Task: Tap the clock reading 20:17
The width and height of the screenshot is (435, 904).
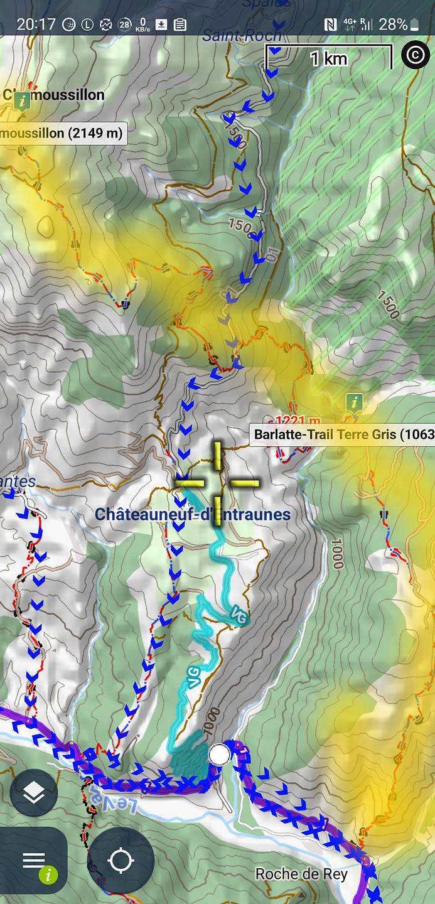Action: click(x=37, y=24)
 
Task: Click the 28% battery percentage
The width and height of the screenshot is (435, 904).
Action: click(x=393, y=24)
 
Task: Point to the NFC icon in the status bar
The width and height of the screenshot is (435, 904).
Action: click(x=330, y=24)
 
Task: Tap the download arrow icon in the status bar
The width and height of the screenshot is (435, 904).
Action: click(x=161, y=24)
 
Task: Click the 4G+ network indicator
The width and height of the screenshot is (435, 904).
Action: click(x=350, y=24)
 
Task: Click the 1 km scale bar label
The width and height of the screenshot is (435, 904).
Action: click(x=329, y=58)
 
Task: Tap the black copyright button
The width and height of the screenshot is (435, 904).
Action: click(x=415, y=55)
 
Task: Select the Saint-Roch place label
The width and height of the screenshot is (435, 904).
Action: click(x=242, y=36)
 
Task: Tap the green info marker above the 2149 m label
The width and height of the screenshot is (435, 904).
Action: click(x=23, y=100)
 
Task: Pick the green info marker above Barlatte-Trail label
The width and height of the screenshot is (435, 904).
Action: click(x=355, y=401)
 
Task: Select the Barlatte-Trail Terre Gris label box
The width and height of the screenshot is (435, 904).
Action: click(x=343, y=434)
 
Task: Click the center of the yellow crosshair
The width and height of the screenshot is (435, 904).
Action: click(x=217, y=483)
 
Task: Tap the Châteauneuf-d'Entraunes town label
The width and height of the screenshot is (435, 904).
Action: click(x=193, y=515)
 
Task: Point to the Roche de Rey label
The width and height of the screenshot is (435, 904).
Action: click(x=301, y=874)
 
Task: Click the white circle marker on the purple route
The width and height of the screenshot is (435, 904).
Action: click(x=219, y=755)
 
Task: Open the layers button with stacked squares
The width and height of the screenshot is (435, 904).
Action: click(x=34, y=793)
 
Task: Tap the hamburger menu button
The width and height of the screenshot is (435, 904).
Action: click(x=34, y=860)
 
